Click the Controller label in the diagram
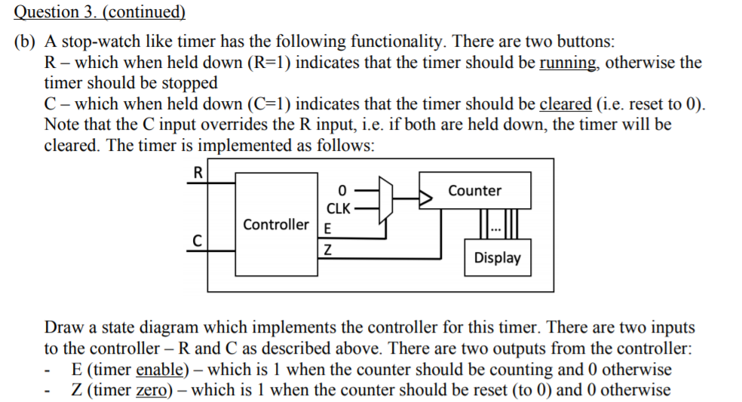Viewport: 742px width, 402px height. pos(275,225)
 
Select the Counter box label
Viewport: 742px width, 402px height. pos(474,191)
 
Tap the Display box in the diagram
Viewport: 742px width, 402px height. pos(497,258)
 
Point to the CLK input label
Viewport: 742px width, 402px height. pos(336,207)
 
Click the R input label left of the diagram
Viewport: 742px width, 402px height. pos(198,172)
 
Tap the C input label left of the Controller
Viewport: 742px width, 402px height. pos(198,241)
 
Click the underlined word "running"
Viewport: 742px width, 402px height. pos(569,62)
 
